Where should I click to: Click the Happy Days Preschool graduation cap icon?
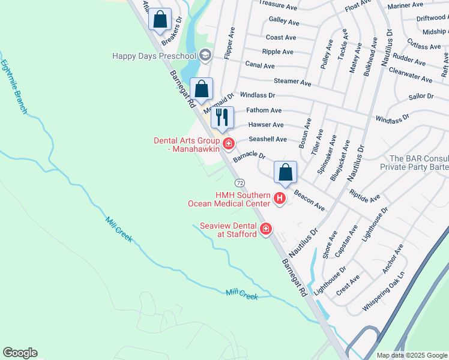tap(205, 56)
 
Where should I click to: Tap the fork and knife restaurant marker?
tap(222, 117)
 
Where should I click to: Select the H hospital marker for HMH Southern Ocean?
tap(280, 198)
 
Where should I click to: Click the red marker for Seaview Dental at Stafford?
tap(266, 229)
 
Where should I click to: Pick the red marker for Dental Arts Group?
tap(228, 143)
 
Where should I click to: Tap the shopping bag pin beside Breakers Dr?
tap(160, 19)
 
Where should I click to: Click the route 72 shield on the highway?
tap(240, 182)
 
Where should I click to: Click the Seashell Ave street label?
tap(267, 139)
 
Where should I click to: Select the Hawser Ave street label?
tap(266, 125)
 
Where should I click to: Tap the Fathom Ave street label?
tap(264, 110)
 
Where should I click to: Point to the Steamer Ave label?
tap(292, 82)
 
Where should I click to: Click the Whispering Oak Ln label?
tap(384, 293)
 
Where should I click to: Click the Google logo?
tap(20, 353)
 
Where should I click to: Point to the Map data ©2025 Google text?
tap(411, 355)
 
